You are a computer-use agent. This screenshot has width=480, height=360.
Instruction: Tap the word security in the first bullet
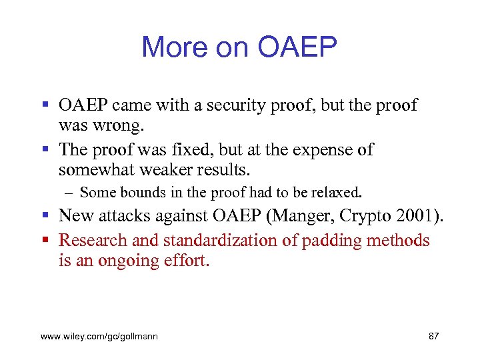point(233,105)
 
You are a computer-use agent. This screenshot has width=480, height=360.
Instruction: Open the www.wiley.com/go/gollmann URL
point(99,337)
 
